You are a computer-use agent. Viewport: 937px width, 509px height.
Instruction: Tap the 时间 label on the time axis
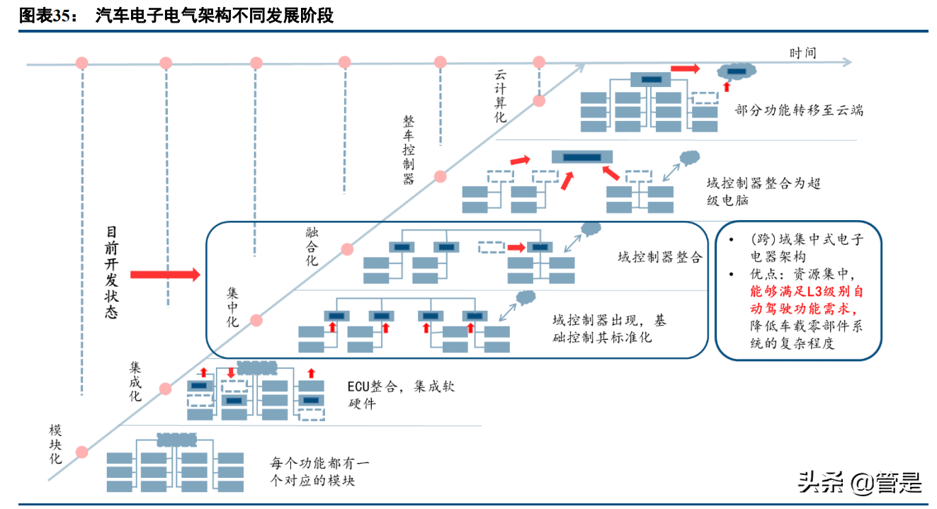point(802,53)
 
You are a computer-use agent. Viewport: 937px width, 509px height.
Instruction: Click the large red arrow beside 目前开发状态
point(165,275)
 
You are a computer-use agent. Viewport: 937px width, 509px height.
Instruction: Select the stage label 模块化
point(55,444)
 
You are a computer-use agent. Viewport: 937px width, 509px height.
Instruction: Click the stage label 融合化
point(312,246)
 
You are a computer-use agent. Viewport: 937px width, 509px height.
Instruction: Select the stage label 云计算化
point(501,96)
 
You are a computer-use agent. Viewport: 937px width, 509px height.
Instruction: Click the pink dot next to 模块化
point(82,452)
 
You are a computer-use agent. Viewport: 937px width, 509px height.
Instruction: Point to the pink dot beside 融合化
point(347,249)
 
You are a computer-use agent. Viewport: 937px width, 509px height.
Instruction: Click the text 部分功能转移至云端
point(799,110)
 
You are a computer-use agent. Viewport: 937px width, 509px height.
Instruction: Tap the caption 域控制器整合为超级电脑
point(763,191)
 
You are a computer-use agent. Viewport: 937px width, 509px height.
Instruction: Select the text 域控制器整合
point(659,257)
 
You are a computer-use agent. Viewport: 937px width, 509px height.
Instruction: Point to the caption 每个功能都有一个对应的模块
point(319,472)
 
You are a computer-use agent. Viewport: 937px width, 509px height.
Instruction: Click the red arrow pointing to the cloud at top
point(684,69)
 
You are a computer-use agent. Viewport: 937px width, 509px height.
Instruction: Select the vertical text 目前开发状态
point(112,273)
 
